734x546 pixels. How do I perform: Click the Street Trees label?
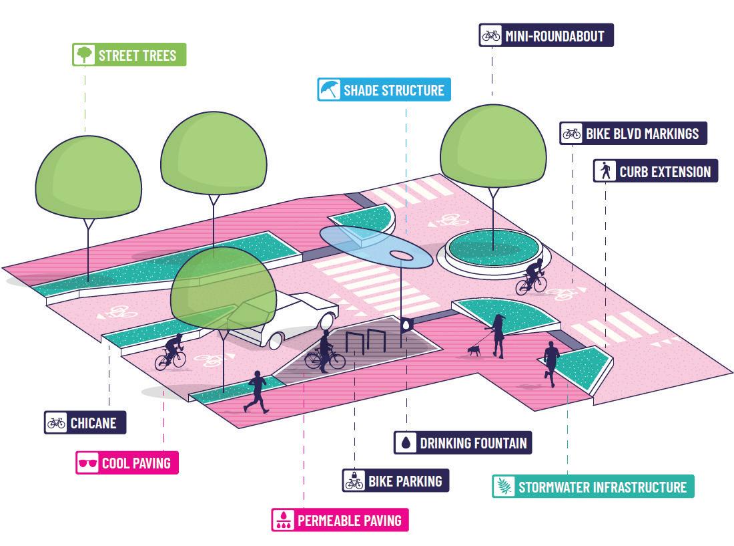(129, 55)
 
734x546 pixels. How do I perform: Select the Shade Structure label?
(384, 90)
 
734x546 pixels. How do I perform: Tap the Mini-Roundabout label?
(546, 35)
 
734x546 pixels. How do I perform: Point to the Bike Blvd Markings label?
(633, 133)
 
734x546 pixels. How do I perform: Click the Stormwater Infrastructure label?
(593, 486)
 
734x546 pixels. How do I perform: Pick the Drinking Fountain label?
(464, 442)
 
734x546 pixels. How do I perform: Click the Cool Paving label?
(127, 462)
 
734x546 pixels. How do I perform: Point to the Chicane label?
(85, 422)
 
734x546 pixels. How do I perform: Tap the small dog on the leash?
(473, 350)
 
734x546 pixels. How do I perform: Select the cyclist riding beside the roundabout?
(532, 277)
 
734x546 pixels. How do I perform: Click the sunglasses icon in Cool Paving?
(87, 463)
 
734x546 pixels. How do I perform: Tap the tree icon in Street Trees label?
(84, 55)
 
